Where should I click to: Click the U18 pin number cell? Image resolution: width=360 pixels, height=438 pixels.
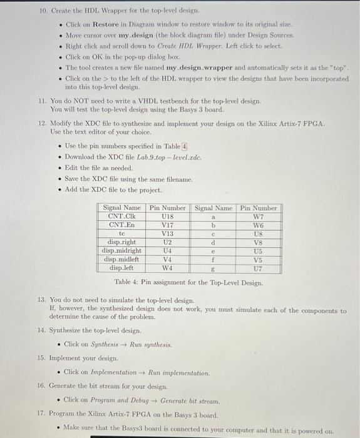[167, 216]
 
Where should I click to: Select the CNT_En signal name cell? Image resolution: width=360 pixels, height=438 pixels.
[121, 224]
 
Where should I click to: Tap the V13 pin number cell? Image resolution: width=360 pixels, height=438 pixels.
[167, 233]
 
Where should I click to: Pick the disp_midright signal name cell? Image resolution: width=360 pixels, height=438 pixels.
[121, 250]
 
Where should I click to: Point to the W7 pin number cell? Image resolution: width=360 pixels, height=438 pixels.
[259, 216]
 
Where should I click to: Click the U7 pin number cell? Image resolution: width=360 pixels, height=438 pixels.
[259, 268]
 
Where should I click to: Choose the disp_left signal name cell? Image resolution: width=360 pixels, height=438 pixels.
[121, 268]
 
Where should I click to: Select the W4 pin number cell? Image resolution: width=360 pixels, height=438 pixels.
[167, 268]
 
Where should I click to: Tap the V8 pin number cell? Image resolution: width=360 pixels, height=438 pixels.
[259, 242]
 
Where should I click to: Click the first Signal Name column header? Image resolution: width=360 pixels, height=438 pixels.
[121, 207]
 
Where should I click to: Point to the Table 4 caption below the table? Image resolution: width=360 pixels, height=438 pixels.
[188, 282]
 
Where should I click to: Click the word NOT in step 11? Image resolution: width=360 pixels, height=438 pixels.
[85, 100]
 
